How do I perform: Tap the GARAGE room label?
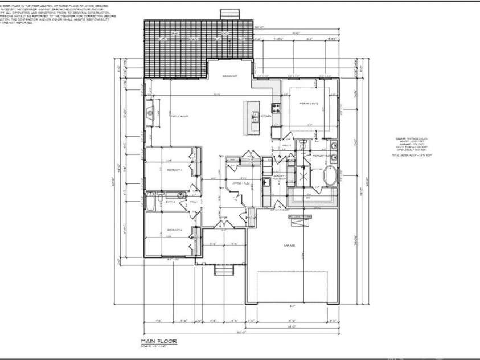[x=290, y=246]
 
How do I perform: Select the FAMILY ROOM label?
[x=180, y=116]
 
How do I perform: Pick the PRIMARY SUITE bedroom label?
[x=307, y=103]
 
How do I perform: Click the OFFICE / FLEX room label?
[x=238, y=183]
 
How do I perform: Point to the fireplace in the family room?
[x=150, y=112]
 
